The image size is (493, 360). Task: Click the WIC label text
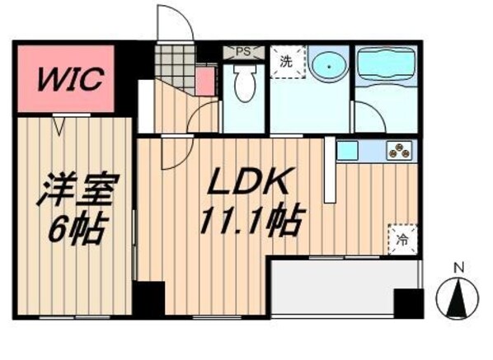pos(70,78)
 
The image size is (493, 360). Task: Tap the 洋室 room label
pos(77,190)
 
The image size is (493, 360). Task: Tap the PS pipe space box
pos(244,52)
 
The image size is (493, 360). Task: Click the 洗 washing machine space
pos(288,62)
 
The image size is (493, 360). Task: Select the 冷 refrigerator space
pos(402,240)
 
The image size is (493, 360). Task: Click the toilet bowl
pos(244,83)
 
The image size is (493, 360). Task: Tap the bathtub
pos(387,66)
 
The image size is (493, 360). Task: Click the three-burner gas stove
pos(399,151)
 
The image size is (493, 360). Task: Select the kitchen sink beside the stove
pos(347,151)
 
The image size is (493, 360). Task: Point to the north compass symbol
pos(457,297)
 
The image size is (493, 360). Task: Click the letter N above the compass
pos(459,269)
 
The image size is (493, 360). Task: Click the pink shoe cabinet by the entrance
pos(205,82)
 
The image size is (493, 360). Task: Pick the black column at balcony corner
pos(408,303)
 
